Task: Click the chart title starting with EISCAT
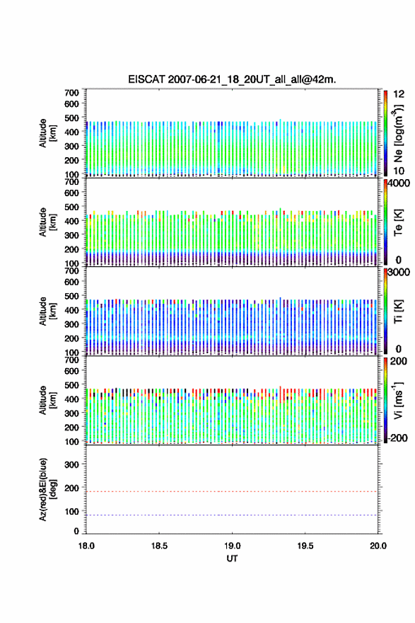coord(232,79)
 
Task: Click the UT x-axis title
coord(232,559)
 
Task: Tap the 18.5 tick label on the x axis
coord(159,546)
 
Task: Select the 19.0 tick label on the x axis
coord(232,546)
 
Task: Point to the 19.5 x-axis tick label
coord(305,546)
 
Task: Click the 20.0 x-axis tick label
coord(378,546)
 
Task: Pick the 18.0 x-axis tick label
coord(86,546)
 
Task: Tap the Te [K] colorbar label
coord(398,222)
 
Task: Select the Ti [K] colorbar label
coord(398,311)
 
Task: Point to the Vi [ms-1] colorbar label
coord(398,400)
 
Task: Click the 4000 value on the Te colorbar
coord(400,183)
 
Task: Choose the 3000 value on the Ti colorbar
coord(399,272)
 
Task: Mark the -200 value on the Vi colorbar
coord(397,438)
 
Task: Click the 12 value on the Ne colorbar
coord(399,94)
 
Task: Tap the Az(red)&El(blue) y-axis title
coord(47,489)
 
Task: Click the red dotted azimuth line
coord(232,491)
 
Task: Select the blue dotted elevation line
coord(232,515)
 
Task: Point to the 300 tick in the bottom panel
coord(71,464)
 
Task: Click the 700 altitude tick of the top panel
coord(71,93)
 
